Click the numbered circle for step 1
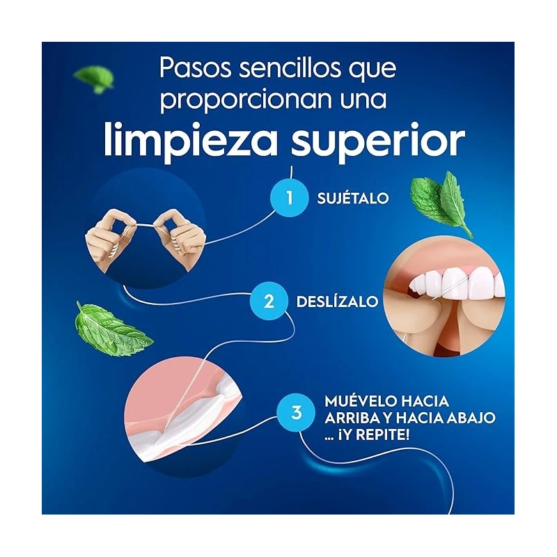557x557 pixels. click(x=289, y=198)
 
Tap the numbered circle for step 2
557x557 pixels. click(x=268, y=301)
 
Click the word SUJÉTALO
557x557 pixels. click(x=353, y=198)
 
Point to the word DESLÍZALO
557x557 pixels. click(x=337, y=301)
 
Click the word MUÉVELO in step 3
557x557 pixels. click(x=361, y=402)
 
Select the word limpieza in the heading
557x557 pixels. click(x=190, y=141)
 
